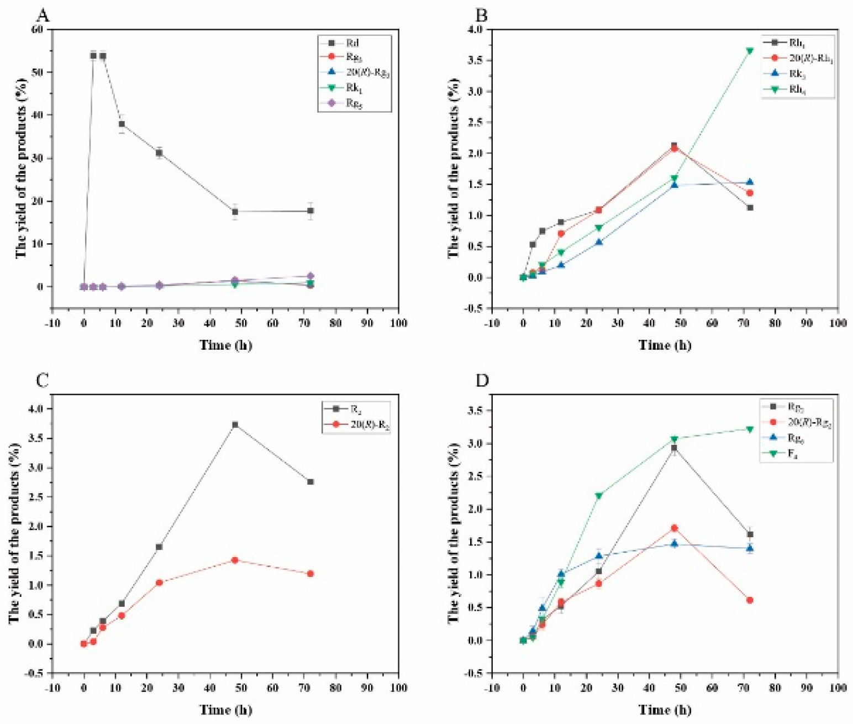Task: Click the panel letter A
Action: (x=42, y=15)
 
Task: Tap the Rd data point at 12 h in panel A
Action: (x=122, y=124)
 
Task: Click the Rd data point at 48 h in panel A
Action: (x=235, y=212)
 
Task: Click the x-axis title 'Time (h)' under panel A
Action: (x=225, y=345)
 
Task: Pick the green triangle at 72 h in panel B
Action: (x=750, y=51)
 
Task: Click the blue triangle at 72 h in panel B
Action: (x=750, y=182)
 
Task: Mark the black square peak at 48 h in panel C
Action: (x=235, y=424)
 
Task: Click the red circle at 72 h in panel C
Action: (x=310, y=574)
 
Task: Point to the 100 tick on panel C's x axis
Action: (x=398, y=688)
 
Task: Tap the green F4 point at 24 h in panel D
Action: (x=599, y=496)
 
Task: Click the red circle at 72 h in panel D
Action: (x=750, y=600)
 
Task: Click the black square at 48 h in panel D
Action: (x=674, y=448)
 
